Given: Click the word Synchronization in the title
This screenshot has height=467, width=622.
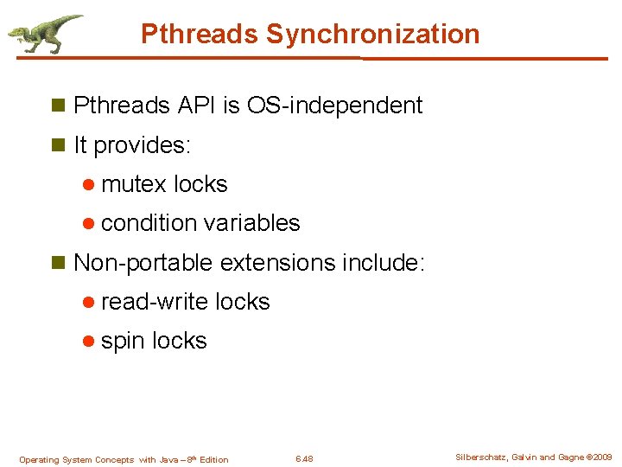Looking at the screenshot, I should click(372, 35).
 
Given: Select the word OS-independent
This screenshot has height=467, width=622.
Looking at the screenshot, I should click(334, 106).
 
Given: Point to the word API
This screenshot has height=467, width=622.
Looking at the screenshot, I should click(198, 106).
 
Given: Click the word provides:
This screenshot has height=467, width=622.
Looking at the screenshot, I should click(142, 145).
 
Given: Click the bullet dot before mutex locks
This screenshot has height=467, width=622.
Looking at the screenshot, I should click(89, 184).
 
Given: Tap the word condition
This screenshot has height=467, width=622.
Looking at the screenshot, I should click(149, 223).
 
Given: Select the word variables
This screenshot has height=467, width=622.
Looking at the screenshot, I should click(252, 223).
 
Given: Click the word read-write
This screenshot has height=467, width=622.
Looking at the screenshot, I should click(155, 302).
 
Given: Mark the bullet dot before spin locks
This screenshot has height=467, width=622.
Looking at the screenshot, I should click(89, 342).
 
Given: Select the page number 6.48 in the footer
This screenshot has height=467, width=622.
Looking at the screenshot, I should click(304, 459).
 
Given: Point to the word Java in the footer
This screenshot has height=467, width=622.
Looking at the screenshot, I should click(170, 459).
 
